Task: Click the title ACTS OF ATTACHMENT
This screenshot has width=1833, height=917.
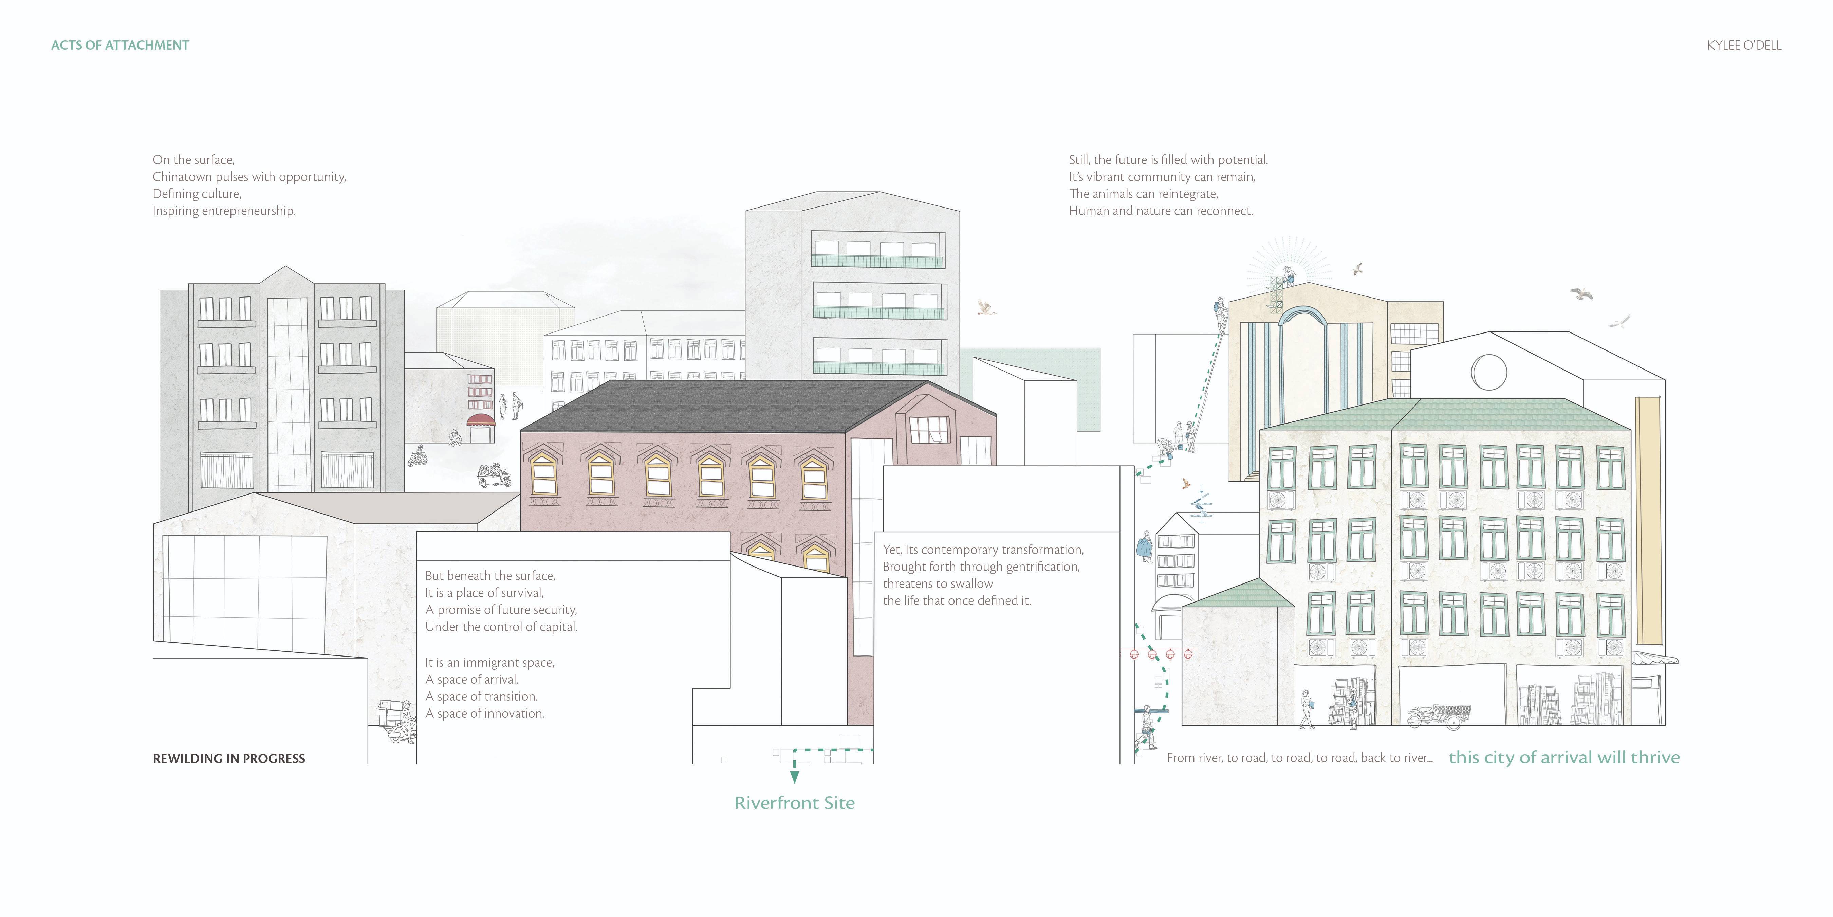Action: pyautogui.click(x=119, y=45)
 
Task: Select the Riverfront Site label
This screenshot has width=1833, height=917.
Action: pyautogui.click(x=794, y=803)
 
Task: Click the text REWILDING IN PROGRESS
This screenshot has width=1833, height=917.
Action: pyautogui.click(x=228, y=759)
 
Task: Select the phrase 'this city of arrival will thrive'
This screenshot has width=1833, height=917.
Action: pyautogui.click(x=1564, y=757)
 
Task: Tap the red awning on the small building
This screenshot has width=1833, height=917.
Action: pyautogui.click(x=480, y=420)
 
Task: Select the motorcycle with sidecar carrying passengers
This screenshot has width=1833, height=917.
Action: pyautogui.click(x=493, y=475)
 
